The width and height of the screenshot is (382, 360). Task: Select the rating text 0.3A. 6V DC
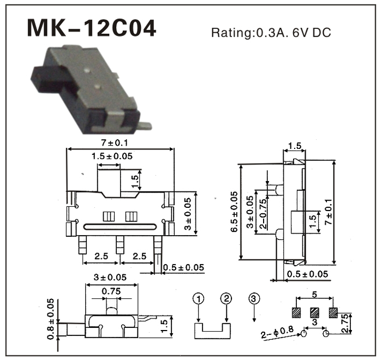(271, 33)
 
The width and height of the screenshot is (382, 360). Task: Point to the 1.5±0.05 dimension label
(112, 156)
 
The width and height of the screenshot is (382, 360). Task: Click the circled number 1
(198, 298)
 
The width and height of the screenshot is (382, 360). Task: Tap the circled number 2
(227, 298)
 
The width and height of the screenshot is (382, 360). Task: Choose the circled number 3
(254, 298)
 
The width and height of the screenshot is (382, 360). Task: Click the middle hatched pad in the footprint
(314, 313)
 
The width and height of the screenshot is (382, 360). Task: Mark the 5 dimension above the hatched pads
(315, 295)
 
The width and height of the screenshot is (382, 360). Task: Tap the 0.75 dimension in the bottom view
(112, 291)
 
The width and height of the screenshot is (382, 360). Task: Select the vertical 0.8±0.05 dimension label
(51, 320)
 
